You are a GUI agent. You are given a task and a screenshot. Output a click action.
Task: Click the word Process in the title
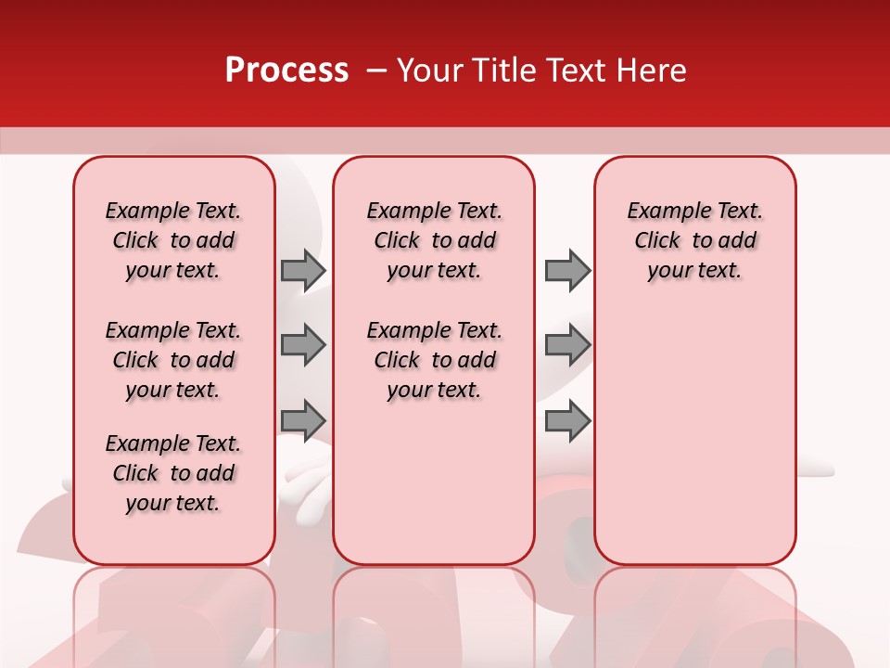(286, 71)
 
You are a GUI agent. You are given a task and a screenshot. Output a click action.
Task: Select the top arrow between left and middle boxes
(302, 270)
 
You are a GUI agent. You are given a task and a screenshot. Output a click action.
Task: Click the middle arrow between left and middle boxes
(302, 345)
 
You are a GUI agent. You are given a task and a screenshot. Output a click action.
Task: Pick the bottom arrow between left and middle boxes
(302, 420)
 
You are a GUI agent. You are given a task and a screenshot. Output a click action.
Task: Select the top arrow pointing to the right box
(566, 270)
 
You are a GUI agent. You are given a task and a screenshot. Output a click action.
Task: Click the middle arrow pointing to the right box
(566, 345)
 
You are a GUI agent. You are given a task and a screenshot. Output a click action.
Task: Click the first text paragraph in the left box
(173, 240)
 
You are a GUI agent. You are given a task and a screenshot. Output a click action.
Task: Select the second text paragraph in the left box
(173, 360)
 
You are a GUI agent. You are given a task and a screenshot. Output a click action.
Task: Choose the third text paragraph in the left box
(173, 473)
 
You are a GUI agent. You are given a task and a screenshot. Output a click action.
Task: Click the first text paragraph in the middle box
(434, 240)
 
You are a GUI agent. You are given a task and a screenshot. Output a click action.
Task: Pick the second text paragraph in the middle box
(434, 360)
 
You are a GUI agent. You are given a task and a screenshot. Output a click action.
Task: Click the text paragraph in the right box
(695, 240)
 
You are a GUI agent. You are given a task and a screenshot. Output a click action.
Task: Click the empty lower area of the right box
(695, 436)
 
